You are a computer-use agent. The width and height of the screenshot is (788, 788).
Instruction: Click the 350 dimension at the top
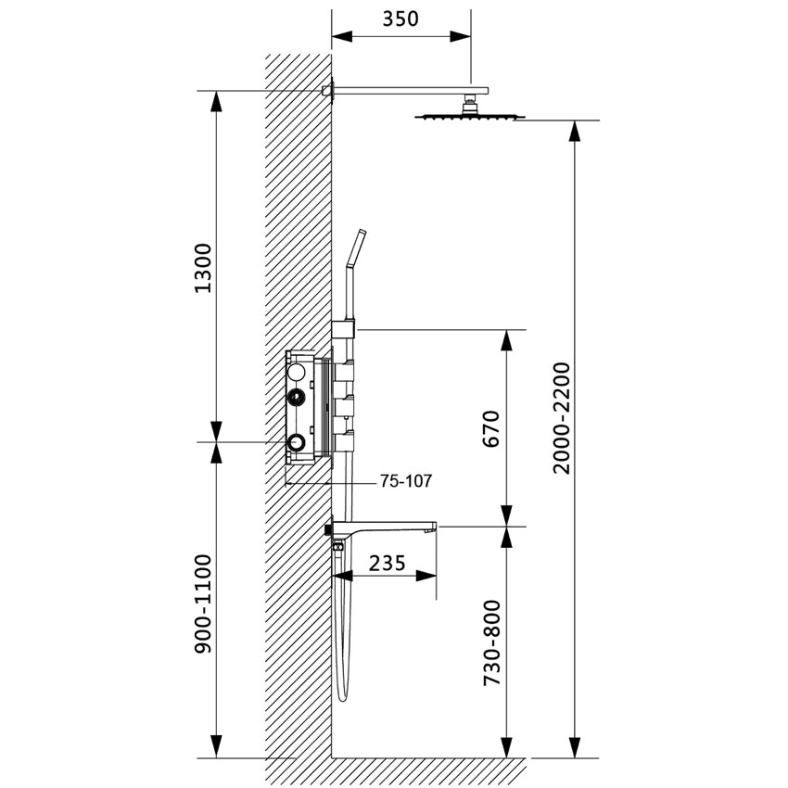coord(400,18)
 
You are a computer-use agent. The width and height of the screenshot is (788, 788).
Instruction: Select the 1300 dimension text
coord(205,268)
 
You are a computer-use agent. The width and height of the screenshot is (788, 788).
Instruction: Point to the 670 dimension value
coord(491,428)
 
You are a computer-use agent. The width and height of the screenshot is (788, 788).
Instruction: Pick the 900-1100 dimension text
coord(205,604)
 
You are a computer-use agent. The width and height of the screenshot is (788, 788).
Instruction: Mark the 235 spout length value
coord(387,562)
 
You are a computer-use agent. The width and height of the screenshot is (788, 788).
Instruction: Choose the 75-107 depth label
coord(406,482)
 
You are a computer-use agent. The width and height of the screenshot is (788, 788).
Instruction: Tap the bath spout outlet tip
coord(431,529)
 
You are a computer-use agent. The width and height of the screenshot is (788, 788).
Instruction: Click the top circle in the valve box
coord(297,373)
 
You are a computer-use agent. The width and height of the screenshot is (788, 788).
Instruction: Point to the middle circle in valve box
coord(297,399)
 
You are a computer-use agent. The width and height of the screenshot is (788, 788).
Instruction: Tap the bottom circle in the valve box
coord(297,443)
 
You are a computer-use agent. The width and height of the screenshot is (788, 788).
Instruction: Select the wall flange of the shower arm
coord(327,90)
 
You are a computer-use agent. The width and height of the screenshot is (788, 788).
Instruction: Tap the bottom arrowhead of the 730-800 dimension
coord(507,745)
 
